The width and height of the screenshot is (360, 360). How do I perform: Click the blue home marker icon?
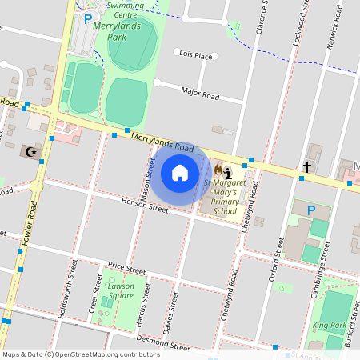click(x=180, y=172)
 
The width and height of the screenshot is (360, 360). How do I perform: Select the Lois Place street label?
click(x=196, y=55)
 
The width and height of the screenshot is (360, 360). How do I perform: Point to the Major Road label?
click(x=200, y=94)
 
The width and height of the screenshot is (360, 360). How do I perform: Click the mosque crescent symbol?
click(x=33, y=150)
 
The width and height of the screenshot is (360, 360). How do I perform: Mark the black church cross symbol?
click(x=306, y=167)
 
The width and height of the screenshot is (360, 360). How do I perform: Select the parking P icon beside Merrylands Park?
click(x=88, y=18)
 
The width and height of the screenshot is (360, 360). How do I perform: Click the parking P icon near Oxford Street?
click(x=311, y=210)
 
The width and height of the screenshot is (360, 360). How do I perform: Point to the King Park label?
click(x=329, y=325)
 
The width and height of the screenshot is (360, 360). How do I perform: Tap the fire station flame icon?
click(x=218, y=170)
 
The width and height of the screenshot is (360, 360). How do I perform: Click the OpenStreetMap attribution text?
click(x=81, y=354)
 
